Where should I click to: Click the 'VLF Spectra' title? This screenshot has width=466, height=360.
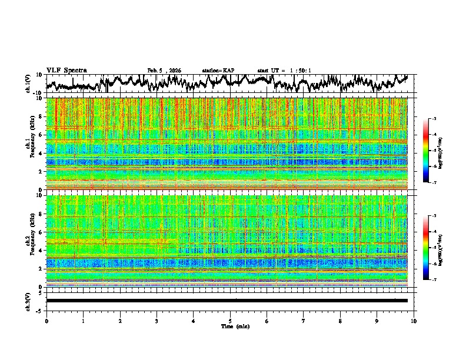click(x=66, y=70)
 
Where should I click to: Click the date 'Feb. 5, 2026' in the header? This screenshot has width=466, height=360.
click(x=164, y=71)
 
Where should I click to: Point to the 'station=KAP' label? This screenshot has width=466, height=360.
click(x=218, y=71)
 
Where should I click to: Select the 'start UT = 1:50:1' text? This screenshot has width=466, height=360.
click(x=284, y=71)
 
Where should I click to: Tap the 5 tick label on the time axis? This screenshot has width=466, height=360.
click(x=230, y=321)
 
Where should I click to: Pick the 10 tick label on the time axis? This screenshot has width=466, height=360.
click(x=414, y=321)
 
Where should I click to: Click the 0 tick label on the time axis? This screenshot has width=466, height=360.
click(x=46, y=321)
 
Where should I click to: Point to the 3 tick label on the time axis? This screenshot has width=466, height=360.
click(x=157, y=321)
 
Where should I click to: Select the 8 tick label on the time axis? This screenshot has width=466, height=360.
click(x=340, y=321)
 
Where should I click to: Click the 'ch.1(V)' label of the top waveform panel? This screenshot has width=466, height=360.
click(x=28, y=84)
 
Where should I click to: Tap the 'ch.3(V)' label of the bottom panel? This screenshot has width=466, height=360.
click(x=28, y=301)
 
